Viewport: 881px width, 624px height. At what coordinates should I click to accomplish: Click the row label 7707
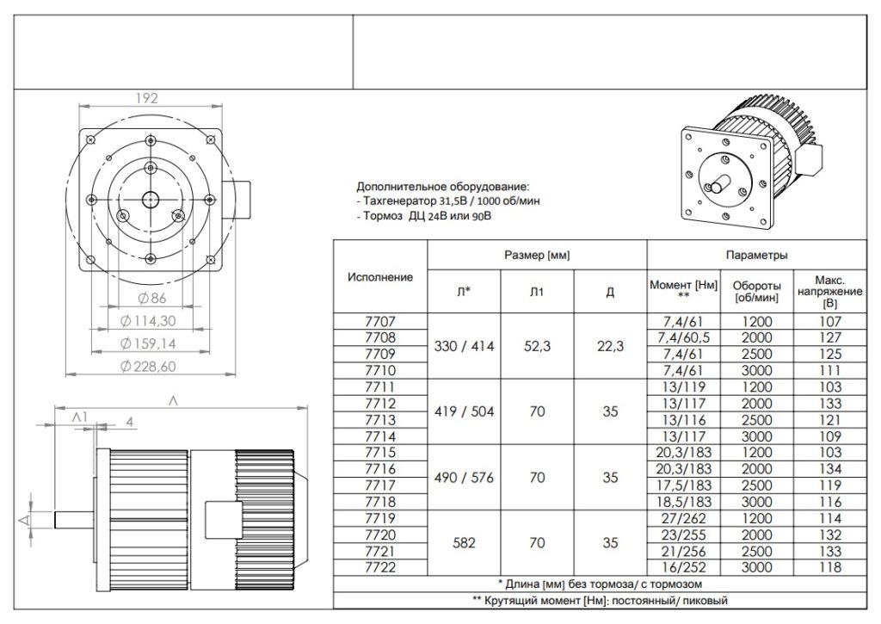tap(379, 321)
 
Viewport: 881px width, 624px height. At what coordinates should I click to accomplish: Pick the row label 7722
tap(379, 569)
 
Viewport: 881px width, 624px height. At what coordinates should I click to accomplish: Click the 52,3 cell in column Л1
tap(537, 346)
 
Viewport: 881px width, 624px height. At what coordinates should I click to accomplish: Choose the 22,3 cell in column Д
tap(610, 346)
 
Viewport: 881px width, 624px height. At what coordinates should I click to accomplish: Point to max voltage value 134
tap(830, 470)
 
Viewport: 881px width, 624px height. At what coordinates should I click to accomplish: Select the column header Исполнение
tap(379, 277)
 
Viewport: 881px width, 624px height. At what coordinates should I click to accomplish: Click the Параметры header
tap(756, 256)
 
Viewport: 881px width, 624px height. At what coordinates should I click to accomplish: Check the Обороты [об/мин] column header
tap(756, 291)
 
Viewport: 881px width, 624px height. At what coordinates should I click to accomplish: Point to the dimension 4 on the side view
tap(128, 422)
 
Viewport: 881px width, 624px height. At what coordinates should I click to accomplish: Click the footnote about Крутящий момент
tap(604, 600)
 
